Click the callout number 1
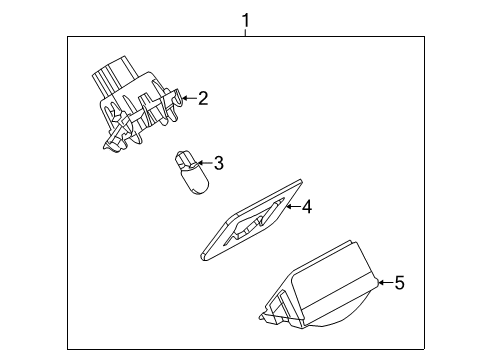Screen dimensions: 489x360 coord(245,20)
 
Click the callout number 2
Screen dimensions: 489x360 coord(203,98)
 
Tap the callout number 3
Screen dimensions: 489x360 coord(219,163)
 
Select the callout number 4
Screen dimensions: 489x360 coord(307,207)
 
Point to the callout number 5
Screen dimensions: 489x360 coord(399,283)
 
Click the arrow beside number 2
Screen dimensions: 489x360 coord(189,98)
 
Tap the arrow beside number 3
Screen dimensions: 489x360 coord(205,163)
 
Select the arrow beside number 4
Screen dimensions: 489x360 coord(293,207)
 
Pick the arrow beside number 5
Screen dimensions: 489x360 coord(385,283)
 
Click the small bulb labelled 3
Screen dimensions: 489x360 coord(191,173)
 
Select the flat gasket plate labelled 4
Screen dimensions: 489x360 coord(252,220)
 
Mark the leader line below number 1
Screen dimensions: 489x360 coord(245,33)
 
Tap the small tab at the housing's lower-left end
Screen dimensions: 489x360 coord(264,317)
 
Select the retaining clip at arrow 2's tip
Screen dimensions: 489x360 coord(178,97)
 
